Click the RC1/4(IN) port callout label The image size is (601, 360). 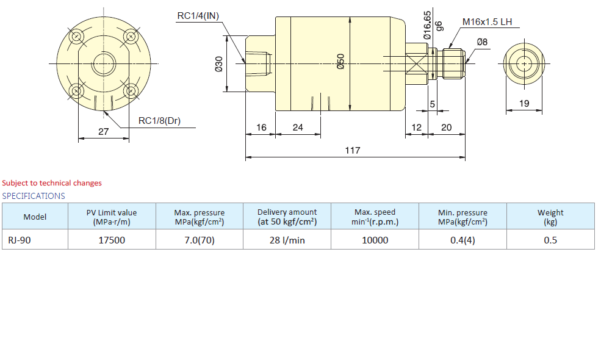198,16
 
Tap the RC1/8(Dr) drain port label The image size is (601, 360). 159,121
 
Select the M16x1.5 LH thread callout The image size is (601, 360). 487,22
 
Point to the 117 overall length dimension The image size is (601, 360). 352,150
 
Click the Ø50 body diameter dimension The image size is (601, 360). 340,62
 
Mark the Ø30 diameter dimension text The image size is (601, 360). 218,63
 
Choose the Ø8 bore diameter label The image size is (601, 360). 482,41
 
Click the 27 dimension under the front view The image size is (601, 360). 104,132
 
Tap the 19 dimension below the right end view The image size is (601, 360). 524,103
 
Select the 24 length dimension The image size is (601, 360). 298,128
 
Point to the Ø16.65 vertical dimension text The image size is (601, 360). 427,25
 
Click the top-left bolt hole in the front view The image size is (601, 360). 77,37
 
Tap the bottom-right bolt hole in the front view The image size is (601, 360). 131,91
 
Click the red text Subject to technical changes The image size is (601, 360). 52,183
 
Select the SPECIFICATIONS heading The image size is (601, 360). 34,196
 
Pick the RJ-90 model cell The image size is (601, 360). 35,240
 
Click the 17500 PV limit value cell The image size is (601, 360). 112,240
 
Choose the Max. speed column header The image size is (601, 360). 375,217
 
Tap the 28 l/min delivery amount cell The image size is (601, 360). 287,240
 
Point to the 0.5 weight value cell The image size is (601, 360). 550,240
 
